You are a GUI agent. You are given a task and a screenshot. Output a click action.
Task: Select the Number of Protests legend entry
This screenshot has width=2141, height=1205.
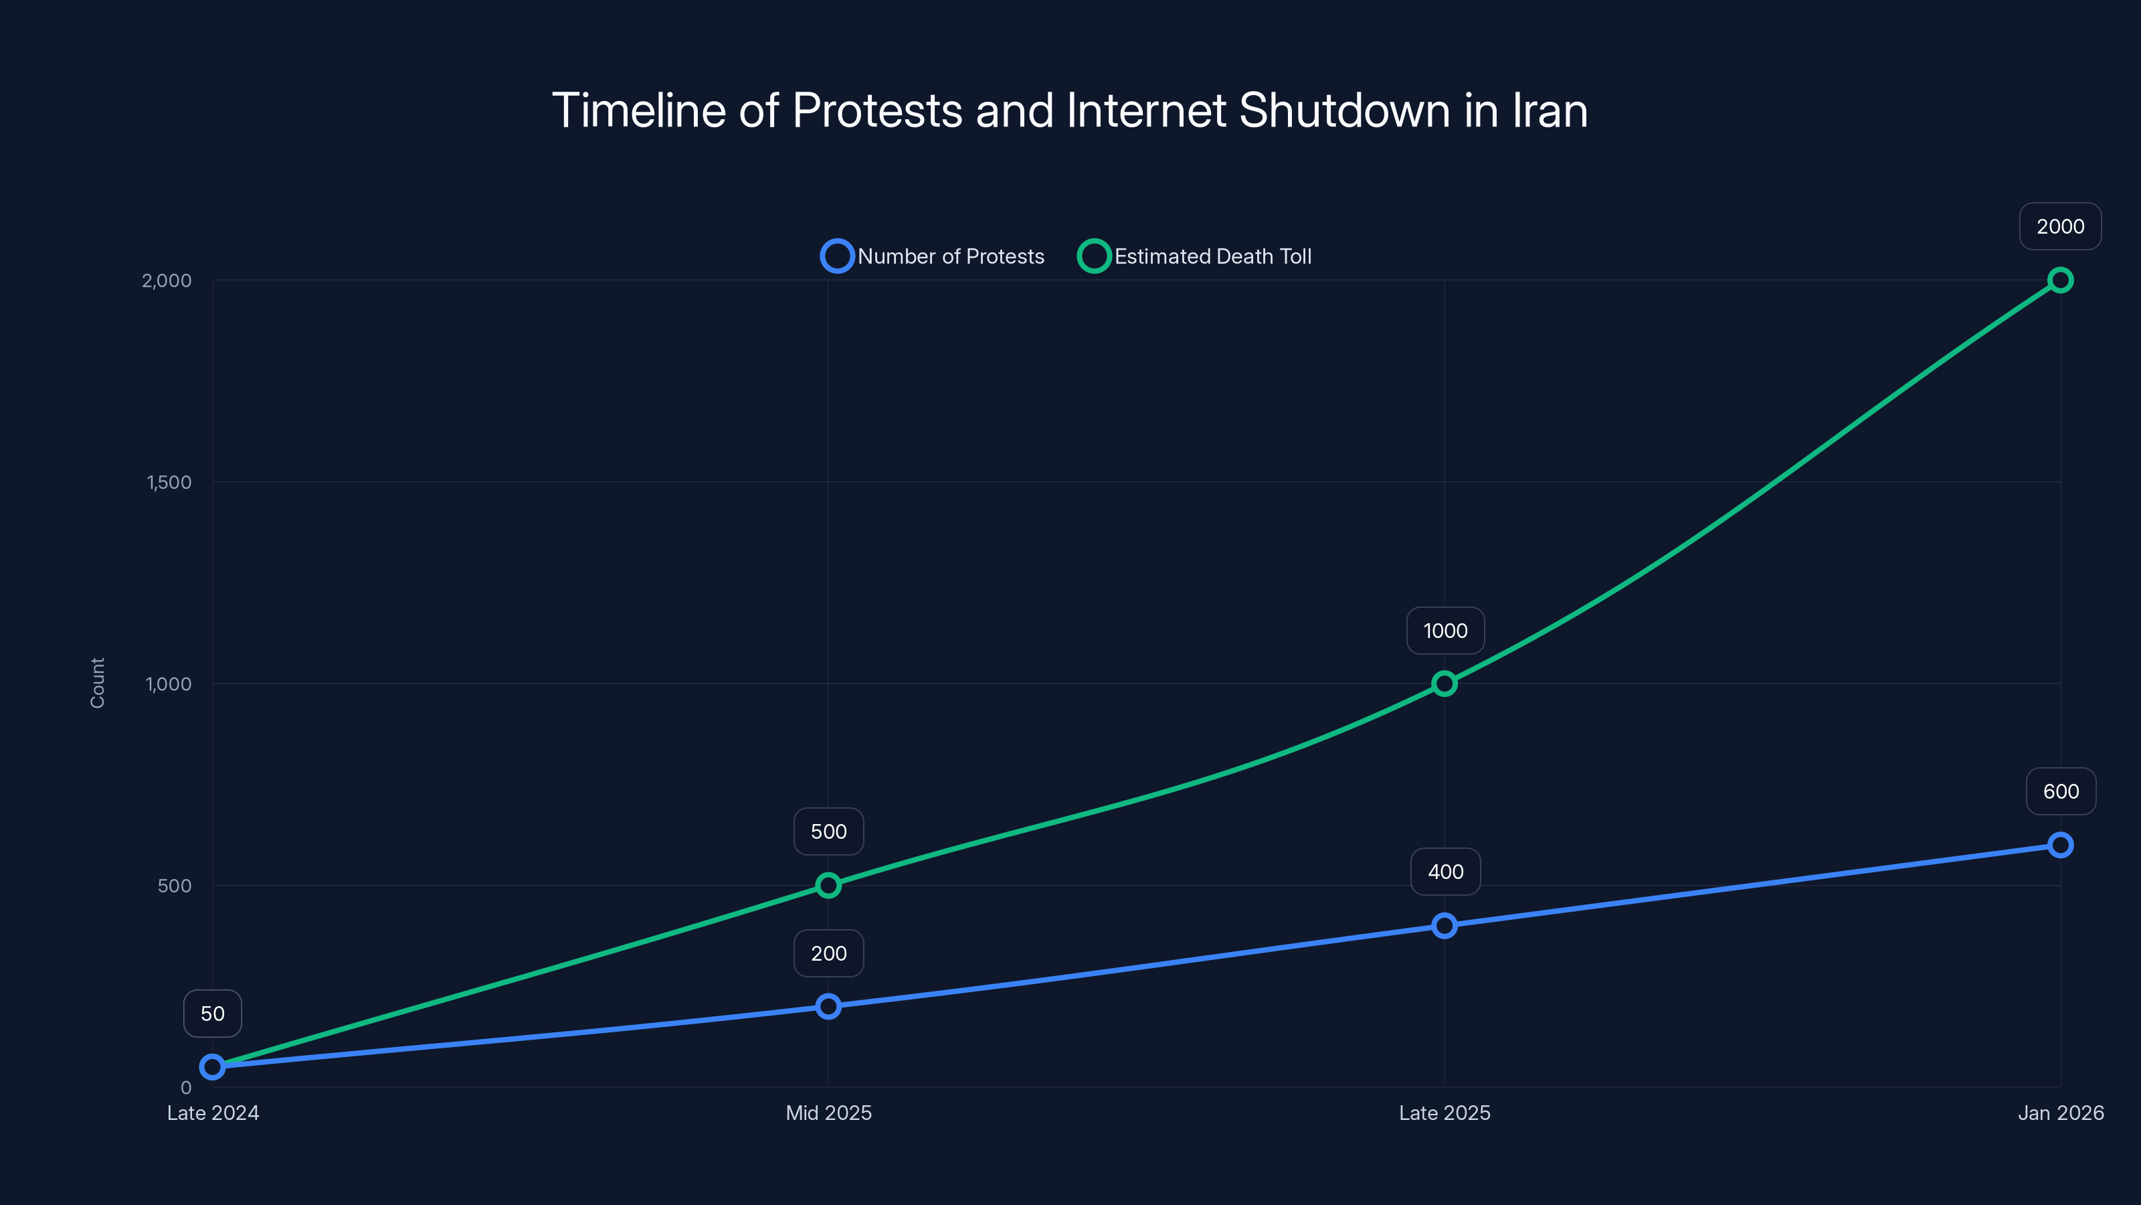point(933,256)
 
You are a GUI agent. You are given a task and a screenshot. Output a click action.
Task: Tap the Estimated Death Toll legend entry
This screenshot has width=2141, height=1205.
point(1195,256)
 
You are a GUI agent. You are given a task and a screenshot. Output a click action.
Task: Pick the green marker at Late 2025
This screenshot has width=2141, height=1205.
point(1445,684)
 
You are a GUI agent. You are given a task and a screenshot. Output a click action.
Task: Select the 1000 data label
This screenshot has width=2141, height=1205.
point(1445,631)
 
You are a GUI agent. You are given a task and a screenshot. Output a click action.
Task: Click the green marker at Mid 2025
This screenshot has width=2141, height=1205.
point(828,885)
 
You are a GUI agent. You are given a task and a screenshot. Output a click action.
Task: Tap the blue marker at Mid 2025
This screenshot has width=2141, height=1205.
point(828,1006)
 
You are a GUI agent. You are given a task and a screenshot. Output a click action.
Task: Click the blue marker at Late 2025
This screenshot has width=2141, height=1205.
point(1445,926)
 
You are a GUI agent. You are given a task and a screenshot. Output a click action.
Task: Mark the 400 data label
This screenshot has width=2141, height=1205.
point(1445,872)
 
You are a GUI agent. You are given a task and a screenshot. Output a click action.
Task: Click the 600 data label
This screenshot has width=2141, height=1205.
point(2061,791)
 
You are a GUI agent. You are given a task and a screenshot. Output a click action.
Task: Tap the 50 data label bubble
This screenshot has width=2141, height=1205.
point(213,1013)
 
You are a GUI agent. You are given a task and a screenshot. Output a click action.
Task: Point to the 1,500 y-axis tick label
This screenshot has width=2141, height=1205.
point(169,482)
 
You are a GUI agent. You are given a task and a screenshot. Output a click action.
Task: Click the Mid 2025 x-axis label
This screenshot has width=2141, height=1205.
point(829,1113)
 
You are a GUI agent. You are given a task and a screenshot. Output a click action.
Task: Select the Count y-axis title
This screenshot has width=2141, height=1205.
point(97,683)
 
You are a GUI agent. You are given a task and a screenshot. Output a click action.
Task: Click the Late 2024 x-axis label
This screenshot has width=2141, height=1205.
point(213,1113)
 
